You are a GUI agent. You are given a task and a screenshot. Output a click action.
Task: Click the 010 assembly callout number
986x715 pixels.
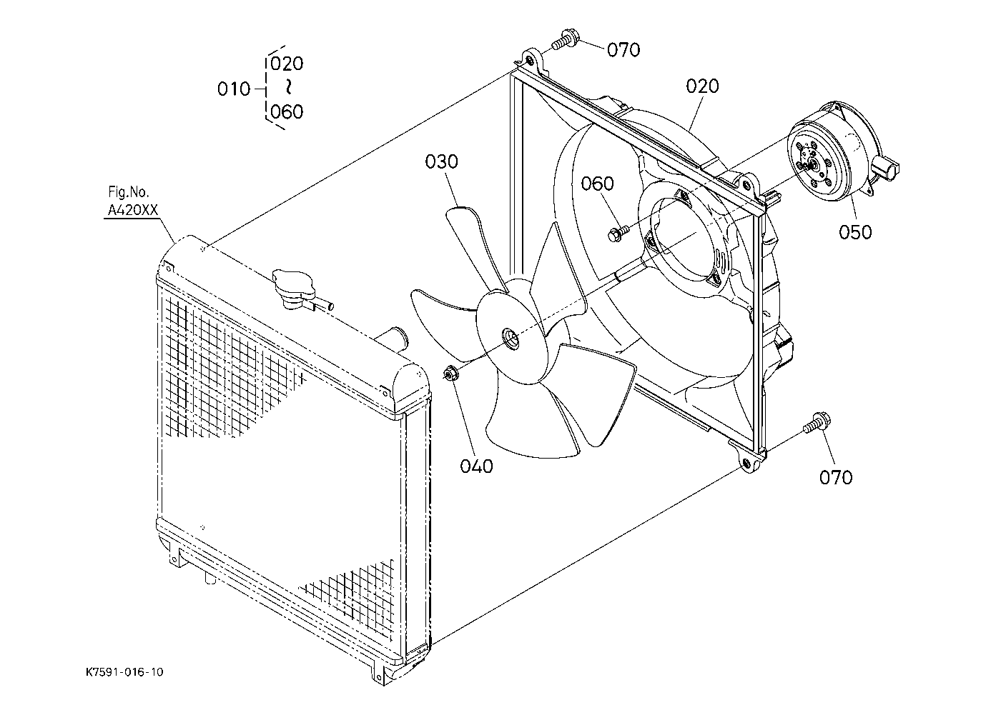pos(234,89)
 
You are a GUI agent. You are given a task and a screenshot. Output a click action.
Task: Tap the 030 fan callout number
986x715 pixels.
pos(441,162)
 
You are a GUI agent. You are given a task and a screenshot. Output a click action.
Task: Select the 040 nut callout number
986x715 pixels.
pos(477,466)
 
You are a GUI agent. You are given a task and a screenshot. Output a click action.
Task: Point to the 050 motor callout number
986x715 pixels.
pos(855,232)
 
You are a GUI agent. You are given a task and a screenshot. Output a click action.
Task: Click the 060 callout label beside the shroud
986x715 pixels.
pos(597,184)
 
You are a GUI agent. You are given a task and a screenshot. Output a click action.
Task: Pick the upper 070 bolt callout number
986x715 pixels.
pos(623,50)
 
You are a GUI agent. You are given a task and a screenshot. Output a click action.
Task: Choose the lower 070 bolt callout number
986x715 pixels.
pos(836,477)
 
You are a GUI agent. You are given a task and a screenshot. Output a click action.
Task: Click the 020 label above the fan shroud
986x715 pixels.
pos(703,86)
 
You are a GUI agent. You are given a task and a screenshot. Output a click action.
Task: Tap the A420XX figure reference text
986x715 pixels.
pos(132,211)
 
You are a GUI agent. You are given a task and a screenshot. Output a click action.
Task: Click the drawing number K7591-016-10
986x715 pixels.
pos(124,672)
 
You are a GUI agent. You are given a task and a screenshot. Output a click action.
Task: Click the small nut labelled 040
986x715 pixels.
pos(450,374)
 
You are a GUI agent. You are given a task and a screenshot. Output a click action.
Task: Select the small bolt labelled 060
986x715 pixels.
pos(618,233)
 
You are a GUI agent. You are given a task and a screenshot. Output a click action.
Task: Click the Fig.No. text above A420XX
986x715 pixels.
pos(129,192)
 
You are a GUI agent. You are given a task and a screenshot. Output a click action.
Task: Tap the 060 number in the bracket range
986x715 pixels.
pos(287,111)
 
